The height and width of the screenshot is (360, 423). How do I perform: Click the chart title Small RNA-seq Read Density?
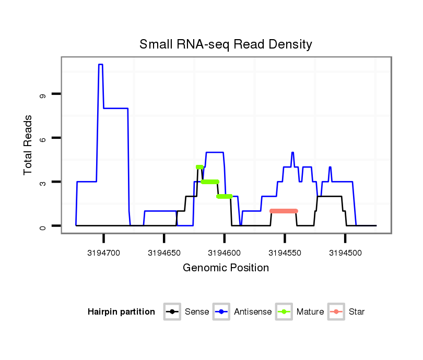(226, 44)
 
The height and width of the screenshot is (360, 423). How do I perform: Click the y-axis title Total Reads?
(28, 145)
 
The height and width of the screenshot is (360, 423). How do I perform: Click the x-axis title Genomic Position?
(226, 268)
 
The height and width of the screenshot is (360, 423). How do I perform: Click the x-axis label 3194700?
(104, 253)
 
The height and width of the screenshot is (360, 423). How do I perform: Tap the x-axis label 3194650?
(164, 253)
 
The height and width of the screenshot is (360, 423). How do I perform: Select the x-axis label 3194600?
(225, 253)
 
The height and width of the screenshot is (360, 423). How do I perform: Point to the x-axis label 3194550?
(285, 253)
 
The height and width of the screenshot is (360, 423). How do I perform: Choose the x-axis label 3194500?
(345, 253)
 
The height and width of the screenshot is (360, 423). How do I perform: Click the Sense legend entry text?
(197, 312)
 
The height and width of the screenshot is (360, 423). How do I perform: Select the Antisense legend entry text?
(253, 312)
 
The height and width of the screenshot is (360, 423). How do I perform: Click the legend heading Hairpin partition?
(121, 312)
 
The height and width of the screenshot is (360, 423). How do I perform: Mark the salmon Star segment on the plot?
(284, 211)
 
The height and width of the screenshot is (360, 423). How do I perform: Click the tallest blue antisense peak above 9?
(100, 65)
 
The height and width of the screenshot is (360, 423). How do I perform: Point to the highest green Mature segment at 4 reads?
(199, 167)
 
